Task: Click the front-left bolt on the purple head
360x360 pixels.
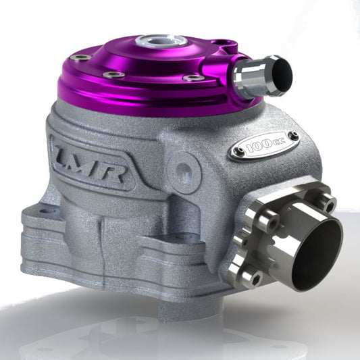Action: coord(113,74)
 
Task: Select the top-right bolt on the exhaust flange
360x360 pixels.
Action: coord(328,201)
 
